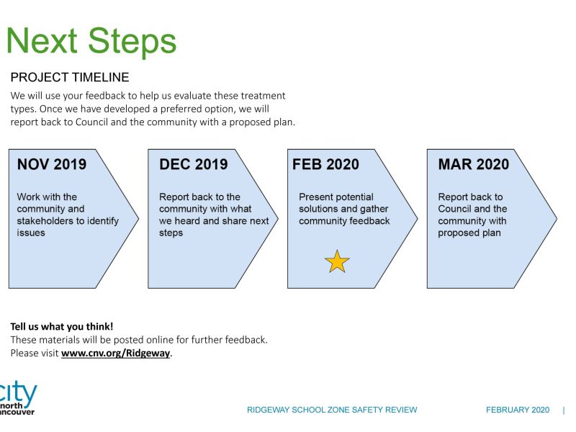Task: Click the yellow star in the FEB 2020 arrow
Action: click(337, 261)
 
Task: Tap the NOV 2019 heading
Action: click(52, 164)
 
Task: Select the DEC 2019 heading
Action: click(194, 164)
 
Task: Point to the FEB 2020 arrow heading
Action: click(326, 164)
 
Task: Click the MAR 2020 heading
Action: click(473, 164)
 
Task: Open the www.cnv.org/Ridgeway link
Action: click(116, 354)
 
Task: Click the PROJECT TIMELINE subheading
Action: click(69, 78)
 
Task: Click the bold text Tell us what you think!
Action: click(61, 326)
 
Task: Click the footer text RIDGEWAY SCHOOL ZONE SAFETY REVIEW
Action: click(332, 410)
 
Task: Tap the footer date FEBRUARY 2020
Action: click(518, 410)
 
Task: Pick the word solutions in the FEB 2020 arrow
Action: click(318, 209)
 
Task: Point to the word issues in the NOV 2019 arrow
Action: click(31, 233)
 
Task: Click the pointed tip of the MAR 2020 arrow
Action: click(557, 218)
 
